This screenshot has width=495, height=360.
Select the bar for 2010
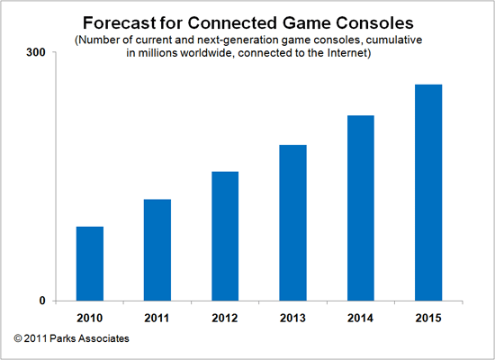pyautogui.click(x=89, y=264)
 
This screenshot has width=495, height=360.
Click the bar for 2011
pyautogui.click(x=157, y=250)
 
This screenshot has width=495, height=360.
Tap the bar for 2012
pyautogui.click(x=225, y=236)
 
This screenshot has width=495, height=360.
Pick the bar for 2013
pyautogui.click(x=292, y=222)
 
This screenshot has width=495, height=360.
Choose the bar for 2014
pyautogui.click(x=360, y=208)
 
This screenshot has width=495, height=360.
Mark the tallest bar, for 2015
pyautogui.click(x=428, y=193)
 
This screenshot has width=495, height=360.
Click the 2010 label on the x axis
pyautogui.click(x=89, y=316)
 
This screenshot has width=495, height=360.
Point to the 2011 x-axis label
pyautogui.click(x=157, y=316)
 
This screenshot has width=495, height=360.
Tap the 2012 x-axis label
pyautogui.click(x=225, y=316)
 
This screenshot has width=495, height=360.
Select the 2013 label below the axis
pyautogui.click(x=292, y=316)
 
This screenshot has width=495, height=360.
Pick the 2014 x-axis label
pyautogui.click(x=360, y=316)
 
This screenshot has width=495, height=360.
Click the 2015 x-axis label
pyautogui.click(x=428, y=316)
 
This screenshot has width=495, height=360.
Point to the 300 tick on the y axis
pyautogui.click(x=37, y=53)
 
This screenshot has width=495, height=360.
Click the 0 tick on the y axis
pyautogui.click(x=42, y=301)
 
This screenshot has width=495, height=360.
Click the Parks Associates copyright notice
pyautogui.click(x=71, y=338)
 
